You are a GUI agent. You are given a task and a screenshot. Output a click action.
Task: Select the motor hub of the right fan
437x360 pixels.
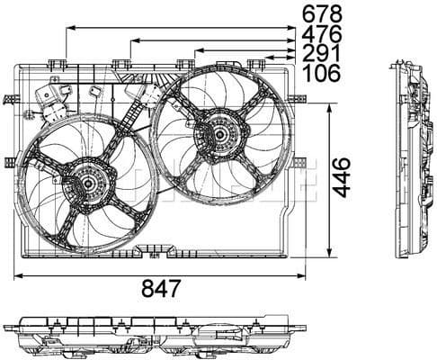(218, 136)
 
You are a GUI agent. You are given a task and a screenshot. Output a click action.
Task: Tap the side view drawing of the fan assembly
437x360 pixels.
(411, 160)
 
